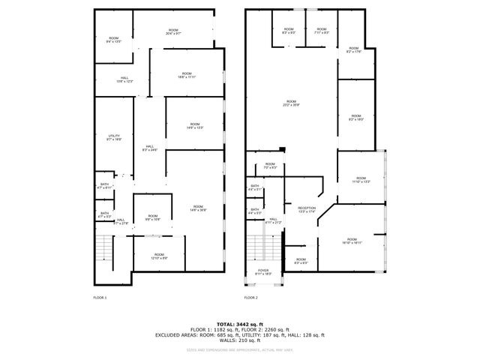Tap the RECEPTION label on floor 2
[x=307, y=209]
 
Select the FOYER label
[x=263, y=271]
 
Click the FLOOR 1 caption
[x=100, y=298]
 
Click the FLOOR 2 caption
[x=250, y=298]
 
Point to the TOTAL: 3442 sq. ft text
[x=240, y=323]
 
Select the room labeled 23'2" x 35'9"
[x=290, y=103]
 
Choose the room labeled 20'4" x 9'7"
[x=173, y=32]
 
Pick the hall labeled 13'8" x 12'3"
[x=124, y=79]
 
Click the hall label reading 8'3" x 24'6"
[x=150, y=148]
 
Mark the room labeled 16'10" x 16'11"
[x=352, y=241]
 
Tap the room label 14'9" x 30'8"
[x=198, y=208]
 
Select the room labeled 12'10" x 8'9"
[x=159, y=256]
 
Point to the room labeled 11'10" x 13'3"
[x=361, y=180]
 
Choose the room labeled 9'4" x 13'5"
[x=114, y=40]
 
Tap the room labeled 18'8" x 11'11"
[x=187, y=76]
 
